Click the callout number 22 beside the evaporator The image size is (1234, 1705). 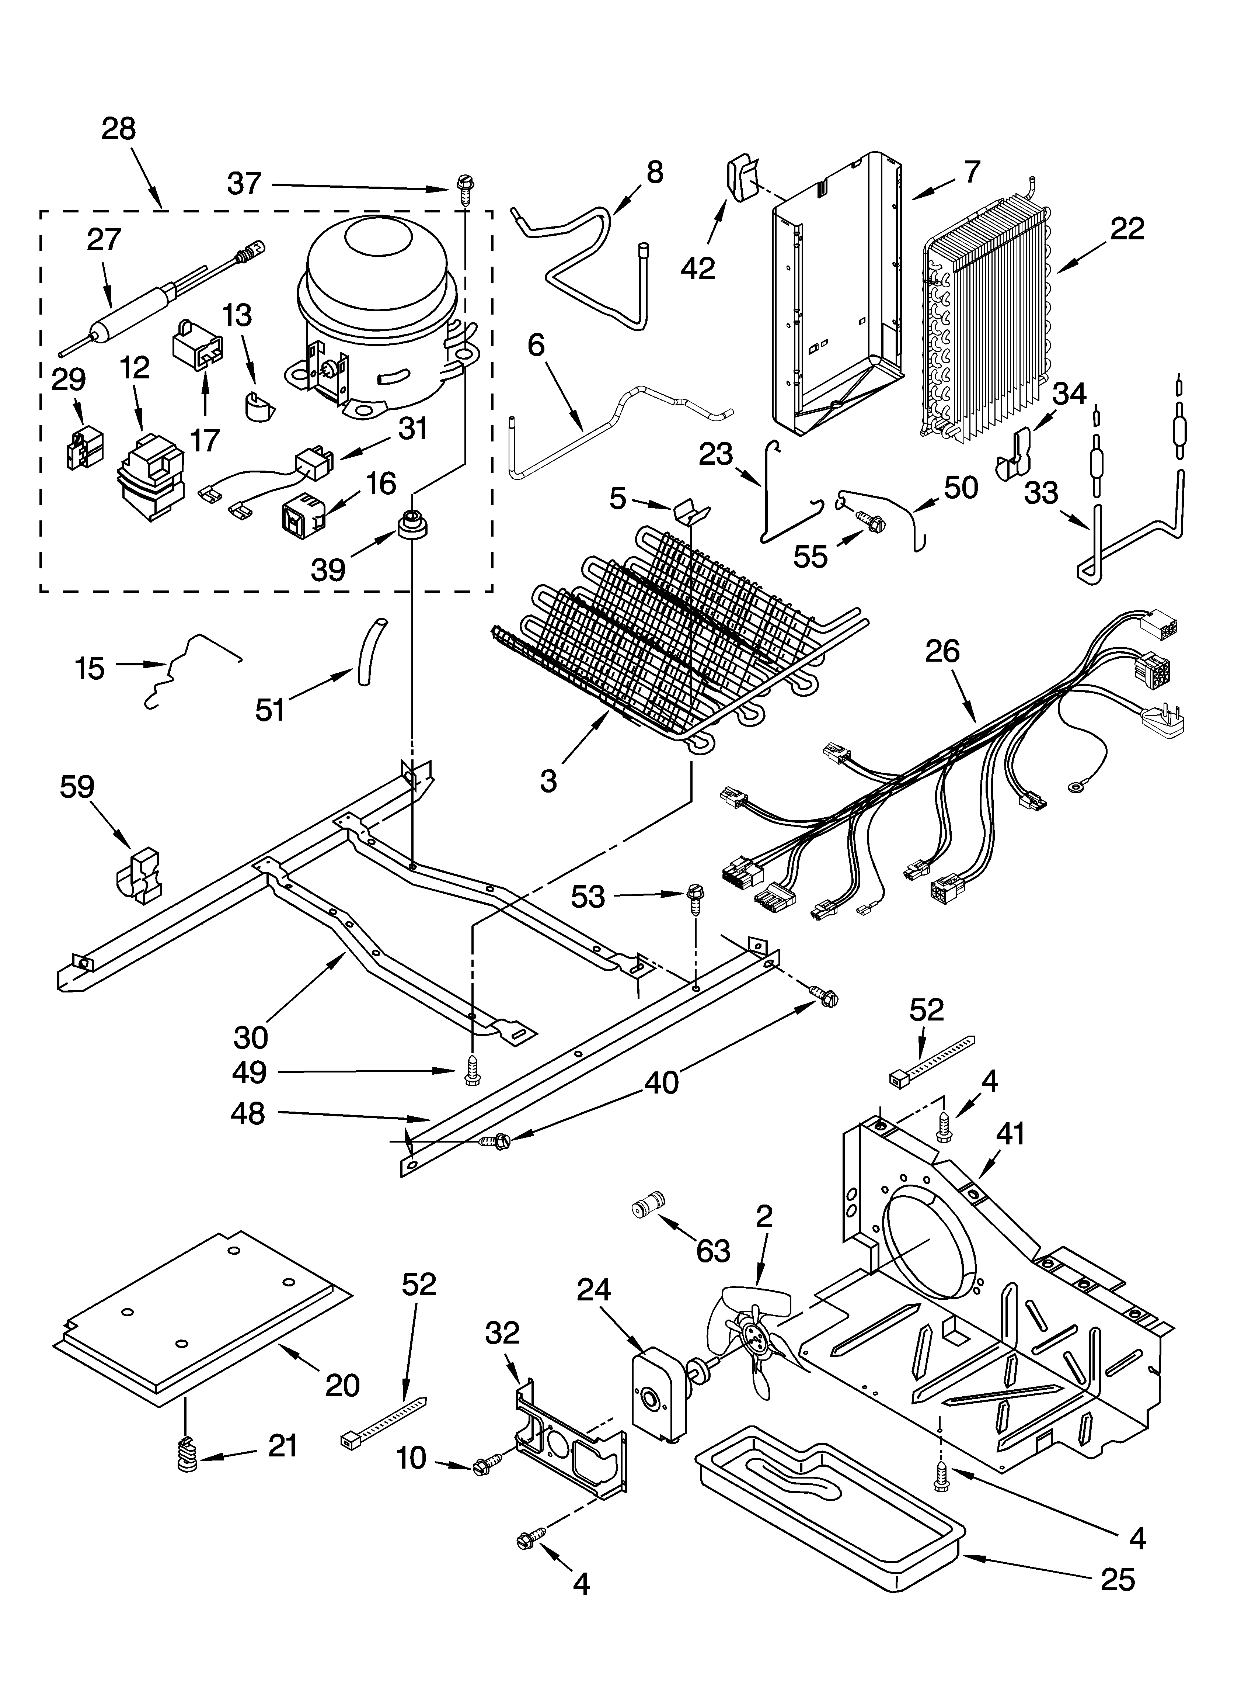tap(1126, 229)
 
